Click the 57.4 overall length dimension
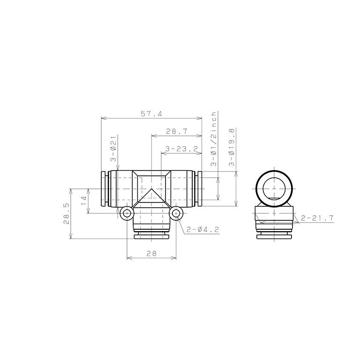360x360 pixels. pos(151,114)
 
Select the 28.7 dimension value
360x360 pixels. pos(177,132)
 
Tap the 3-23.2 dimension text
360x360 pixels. pos(181,149)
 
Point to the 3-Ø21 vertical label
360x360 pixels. pos(113,150)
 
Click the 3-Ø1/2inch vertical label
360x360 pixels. pos(214,139)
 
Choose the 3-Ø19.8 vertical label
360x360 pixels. pos(232,147)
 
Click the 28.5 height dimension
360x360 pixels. pos(66,213)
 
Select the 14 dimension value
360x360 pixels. pos(84,201)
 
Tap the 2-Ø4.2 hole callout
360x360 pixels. pos(202,229)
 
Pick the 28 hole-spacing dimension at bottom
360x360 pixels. pos(151,254)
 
